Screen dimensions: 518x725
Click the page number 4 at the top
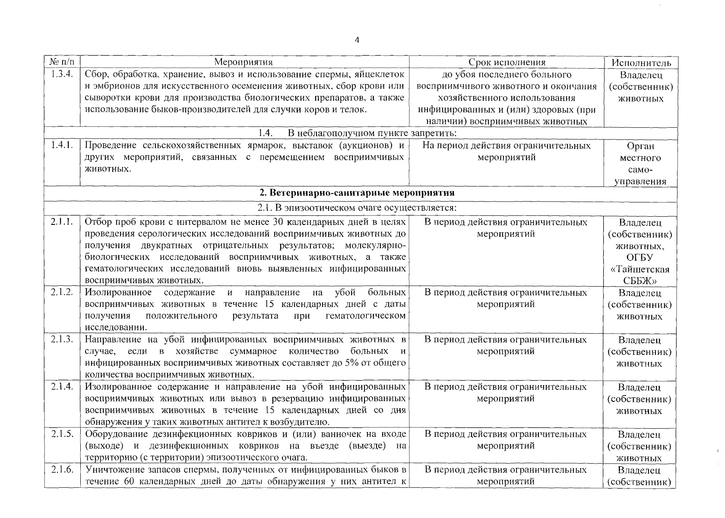(x=356, y=40)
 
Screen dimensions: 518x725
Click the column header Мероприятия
(x=244, y=62)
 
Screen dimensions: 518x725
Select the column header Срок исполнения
(x=507, y=62)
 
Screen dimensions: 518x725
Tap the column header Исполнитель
(x=641, y=63)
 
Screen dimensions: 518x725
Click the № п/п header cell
(x=62, y=62)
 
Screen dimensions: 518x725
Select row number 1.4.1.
(x=62, y=145)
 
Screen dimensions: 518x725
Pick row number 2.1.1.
(x=62, y=222)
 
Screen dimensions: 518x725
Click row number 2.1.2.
(x=62, y=293)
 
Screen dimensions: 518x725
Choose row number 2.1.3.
(x=62, y=340)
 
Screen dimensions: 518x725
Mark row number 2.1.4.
(x=62, y=387)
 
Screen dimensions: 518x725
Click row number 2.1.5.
(x=62, y=434)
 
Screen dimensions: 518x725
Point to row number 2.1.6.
(x=62, y=470)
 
